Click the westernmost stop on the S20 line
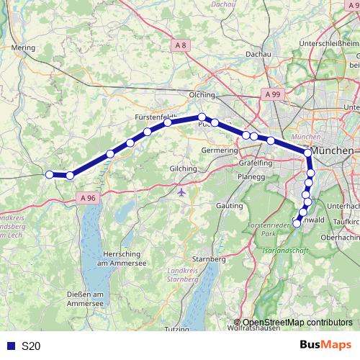[50, 174]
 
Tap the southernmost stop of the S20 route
[297, 223]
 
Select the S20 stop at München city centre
[308, 153]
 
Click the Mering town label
[24, 48]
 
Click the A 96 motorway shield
[88, 197]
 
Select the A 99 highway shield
[272, 94]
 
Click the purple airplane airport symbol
[180, 192]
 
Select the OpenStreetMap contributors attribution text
[297, 323]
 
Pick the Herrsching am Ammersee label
[116, 261]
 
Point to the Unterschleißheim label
[333, 43]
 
